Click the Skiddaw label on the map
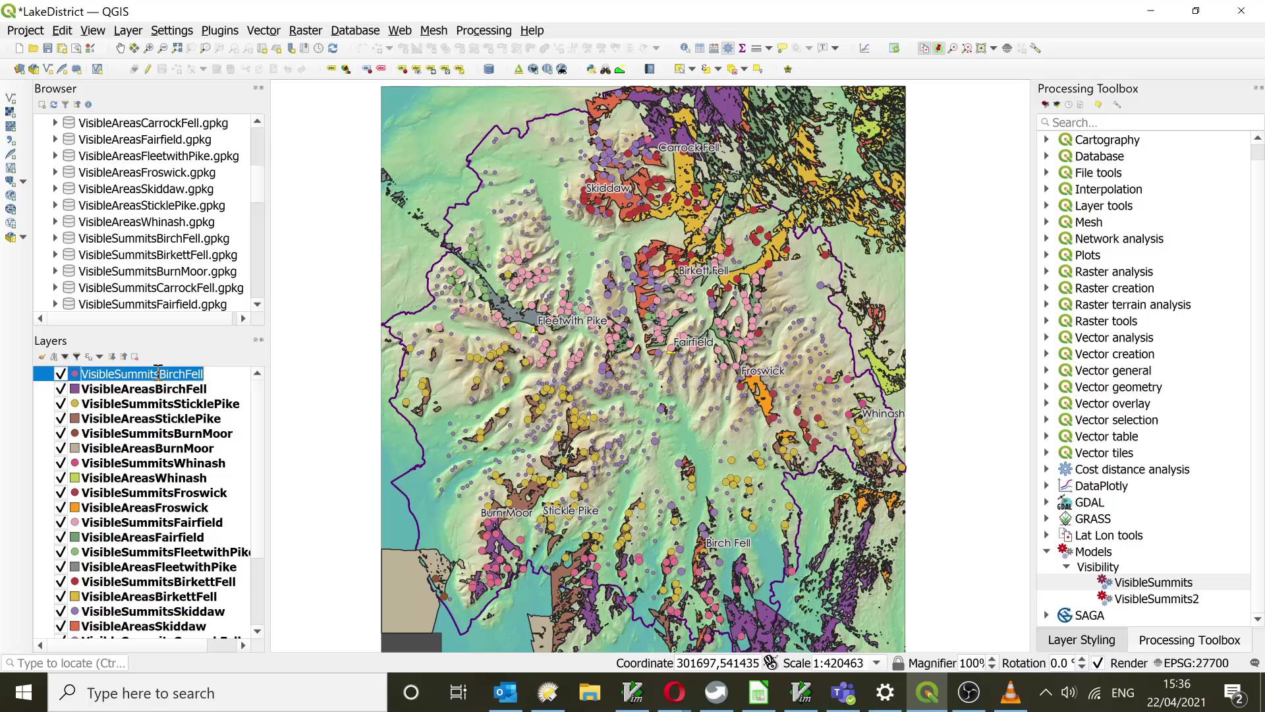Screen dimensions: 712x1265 tap(607, 189)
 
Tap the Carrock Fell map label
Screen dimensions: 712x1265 tap(689, 148)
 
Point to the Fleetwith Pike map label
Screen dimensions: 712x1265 tap(572, 321)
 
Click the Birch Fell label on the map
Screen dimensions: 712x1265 tap(727, 543)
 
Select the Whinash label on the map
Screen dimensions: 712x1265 tap(883, 414)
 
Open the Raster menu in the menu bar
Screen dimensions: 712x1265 tap(305, 30)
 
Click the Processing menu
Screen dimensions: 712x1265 tap(483, 30)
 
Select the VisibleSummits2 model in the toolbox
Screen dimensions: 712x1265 tap(1156, 599)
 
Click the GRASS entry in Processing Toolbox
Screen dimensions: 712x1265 tap(1092, 519)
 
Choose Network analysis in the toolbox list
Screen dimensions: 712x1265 tap(1119, 239)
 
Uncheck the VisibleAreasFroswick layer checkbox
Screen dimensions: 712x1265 tap(61, 508)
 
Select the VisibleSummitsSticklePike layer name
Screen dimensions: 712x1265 tap(160, 404)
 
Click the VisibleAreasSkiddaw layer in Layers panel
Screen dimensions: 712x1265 tap(143, 626)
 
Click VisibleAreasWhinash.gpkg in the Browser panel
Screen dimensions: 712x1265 tap(146, 222)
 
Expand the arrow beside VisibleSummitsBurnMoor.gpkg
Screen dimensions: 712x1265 tap(55, 272)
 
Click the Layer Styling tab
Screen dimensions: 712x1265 tap(1081, 640)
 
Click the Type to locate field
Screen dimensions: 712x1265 tap(66, 663)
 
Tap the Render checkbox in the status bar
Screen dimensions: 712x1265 tap(1098, 663)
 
